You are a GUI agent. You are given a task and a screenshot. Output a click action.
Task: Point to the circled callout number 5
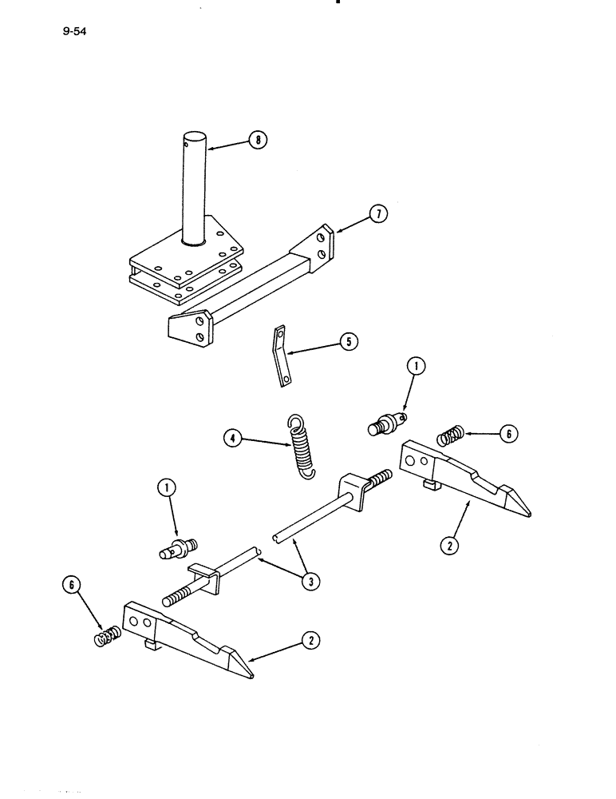(349, 342)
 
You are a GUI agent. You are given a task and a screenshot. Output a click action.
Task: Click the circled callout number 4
(233, 437)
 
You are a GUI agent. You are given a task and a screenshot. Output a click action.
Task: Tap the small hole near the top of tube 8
(187, 145)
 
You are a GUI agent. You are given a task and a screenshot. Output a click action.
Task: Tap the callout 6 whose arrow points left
(508, 434)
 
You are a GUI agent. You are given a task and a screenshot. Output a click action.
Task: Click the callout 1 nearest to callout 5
(417, 367)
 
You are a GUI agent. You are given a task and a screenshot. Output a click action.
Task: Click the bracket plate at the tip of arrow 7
(321, 244)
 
